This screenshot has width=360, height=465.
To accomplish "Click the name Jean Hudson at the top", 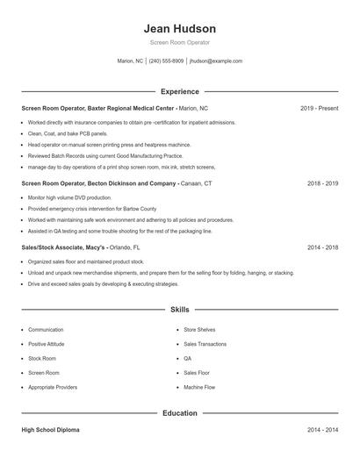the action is (x=179, y=28).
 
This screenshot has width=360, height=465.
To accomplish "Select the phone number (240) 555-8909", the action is (x=166, y=61).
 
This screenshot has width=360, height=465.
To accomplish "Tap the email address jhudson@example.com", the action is (x=216, y=61).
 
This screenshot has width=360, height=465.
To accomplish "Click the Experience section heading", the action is (x=179, y=91).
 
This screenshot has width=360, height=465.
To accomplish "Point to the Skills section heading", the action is (x=179, y=310).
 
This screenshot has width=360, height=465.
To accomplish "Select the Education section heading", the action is (x=179, y=412).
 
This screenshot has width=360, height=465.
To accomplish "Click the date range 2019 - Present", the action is (x=319, y=108).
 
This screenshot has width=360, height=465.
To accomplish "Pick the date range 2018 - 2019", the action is (x=322, y=184).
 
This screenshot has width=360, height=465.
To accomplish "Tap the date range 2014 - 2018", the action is (x=322, y=247).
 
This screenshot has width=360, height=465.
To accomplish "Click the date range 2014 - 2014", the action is (x=322, y=431).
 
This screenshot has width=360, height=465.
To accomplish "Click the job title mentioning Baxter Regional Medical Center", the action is (x=97, y=108).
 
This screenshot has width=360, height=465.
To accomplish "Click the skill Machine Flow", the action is (x=199, y=387).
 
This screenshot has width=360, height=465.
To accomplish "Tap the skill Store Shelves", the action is (x=198, y=330).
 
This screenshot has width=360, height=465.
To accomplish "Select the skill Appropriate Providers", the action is (x=54, y=387).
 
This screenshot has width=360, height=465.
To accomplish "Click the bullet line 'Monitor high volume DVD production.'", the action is (x=66, y=198).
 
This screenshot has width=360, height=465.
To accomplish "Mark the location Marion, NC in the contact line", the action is (x=130, y=61).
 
